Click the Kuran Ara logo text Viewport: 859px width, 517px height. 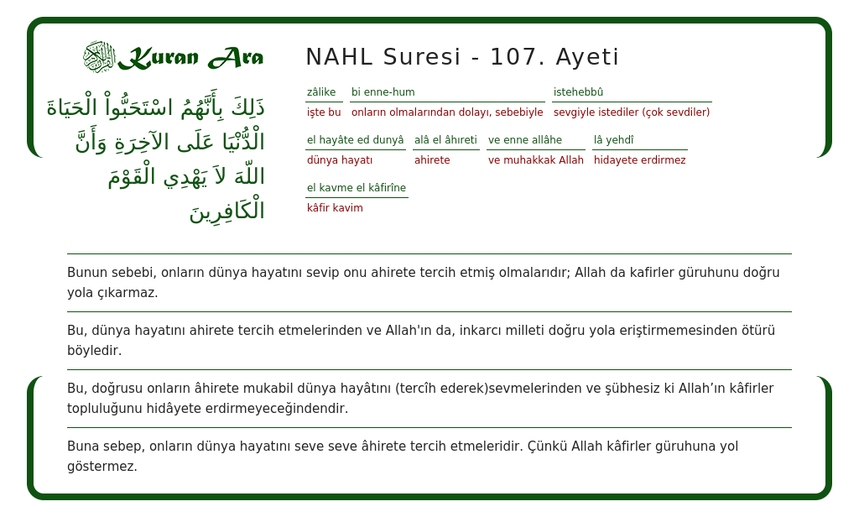pyautogui.click(x=190, y=58)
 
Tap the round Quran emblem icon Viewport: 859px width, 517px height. pyautogui.click(x=99, y=57)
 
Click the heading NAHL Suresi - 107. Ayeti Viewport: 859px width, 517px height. pyautogui.click(x=462, y=57)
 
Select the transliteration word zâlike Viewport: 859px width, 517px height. pyautogui.click(x=321, y=92)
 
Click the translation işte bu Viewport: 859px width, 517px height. pyautogui.click(x=324, y=112)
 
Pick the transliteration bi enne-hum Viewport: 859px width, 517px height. pyautogui.click(x=383, y=92)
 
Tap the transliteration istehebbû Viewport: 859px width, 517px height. pyautogui.click(x=578, y=92)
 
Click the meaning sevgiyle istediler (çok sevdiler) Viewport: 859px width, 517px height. pyautogui.click(x=632, y=112)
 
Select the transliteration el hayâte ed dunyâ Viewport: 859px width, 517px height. pyautogui.click(x=356, y=140)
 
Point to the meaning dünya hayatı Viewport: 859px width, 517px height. pyautogui.click(x=340, y=160)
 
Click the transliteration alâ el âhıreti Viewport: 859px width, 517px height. pyautogui.click(x=445, y=140)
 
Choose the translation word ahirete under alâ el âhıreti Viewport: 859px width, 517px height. pyautogui.click(x=432, y=160)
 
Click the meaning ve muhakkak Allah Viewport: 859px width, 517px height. pyautogui.click(x=536, y=160)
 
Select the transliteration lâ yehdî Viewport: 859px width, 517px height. pyautogui.click(x=614, y=140)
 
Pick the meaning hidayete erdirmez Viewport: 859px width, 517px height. pyautogui.click(x=640, y=160)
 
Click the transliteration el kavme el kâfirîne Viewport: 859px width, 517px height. pyautogui.click(x=357, y=188)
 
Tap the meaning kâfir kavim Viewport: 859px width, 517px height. pyautogui.click(x=335, y=208)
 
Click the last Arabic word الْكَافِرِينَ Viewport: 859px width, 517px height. pyautogui.click(x=226, y=211)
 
